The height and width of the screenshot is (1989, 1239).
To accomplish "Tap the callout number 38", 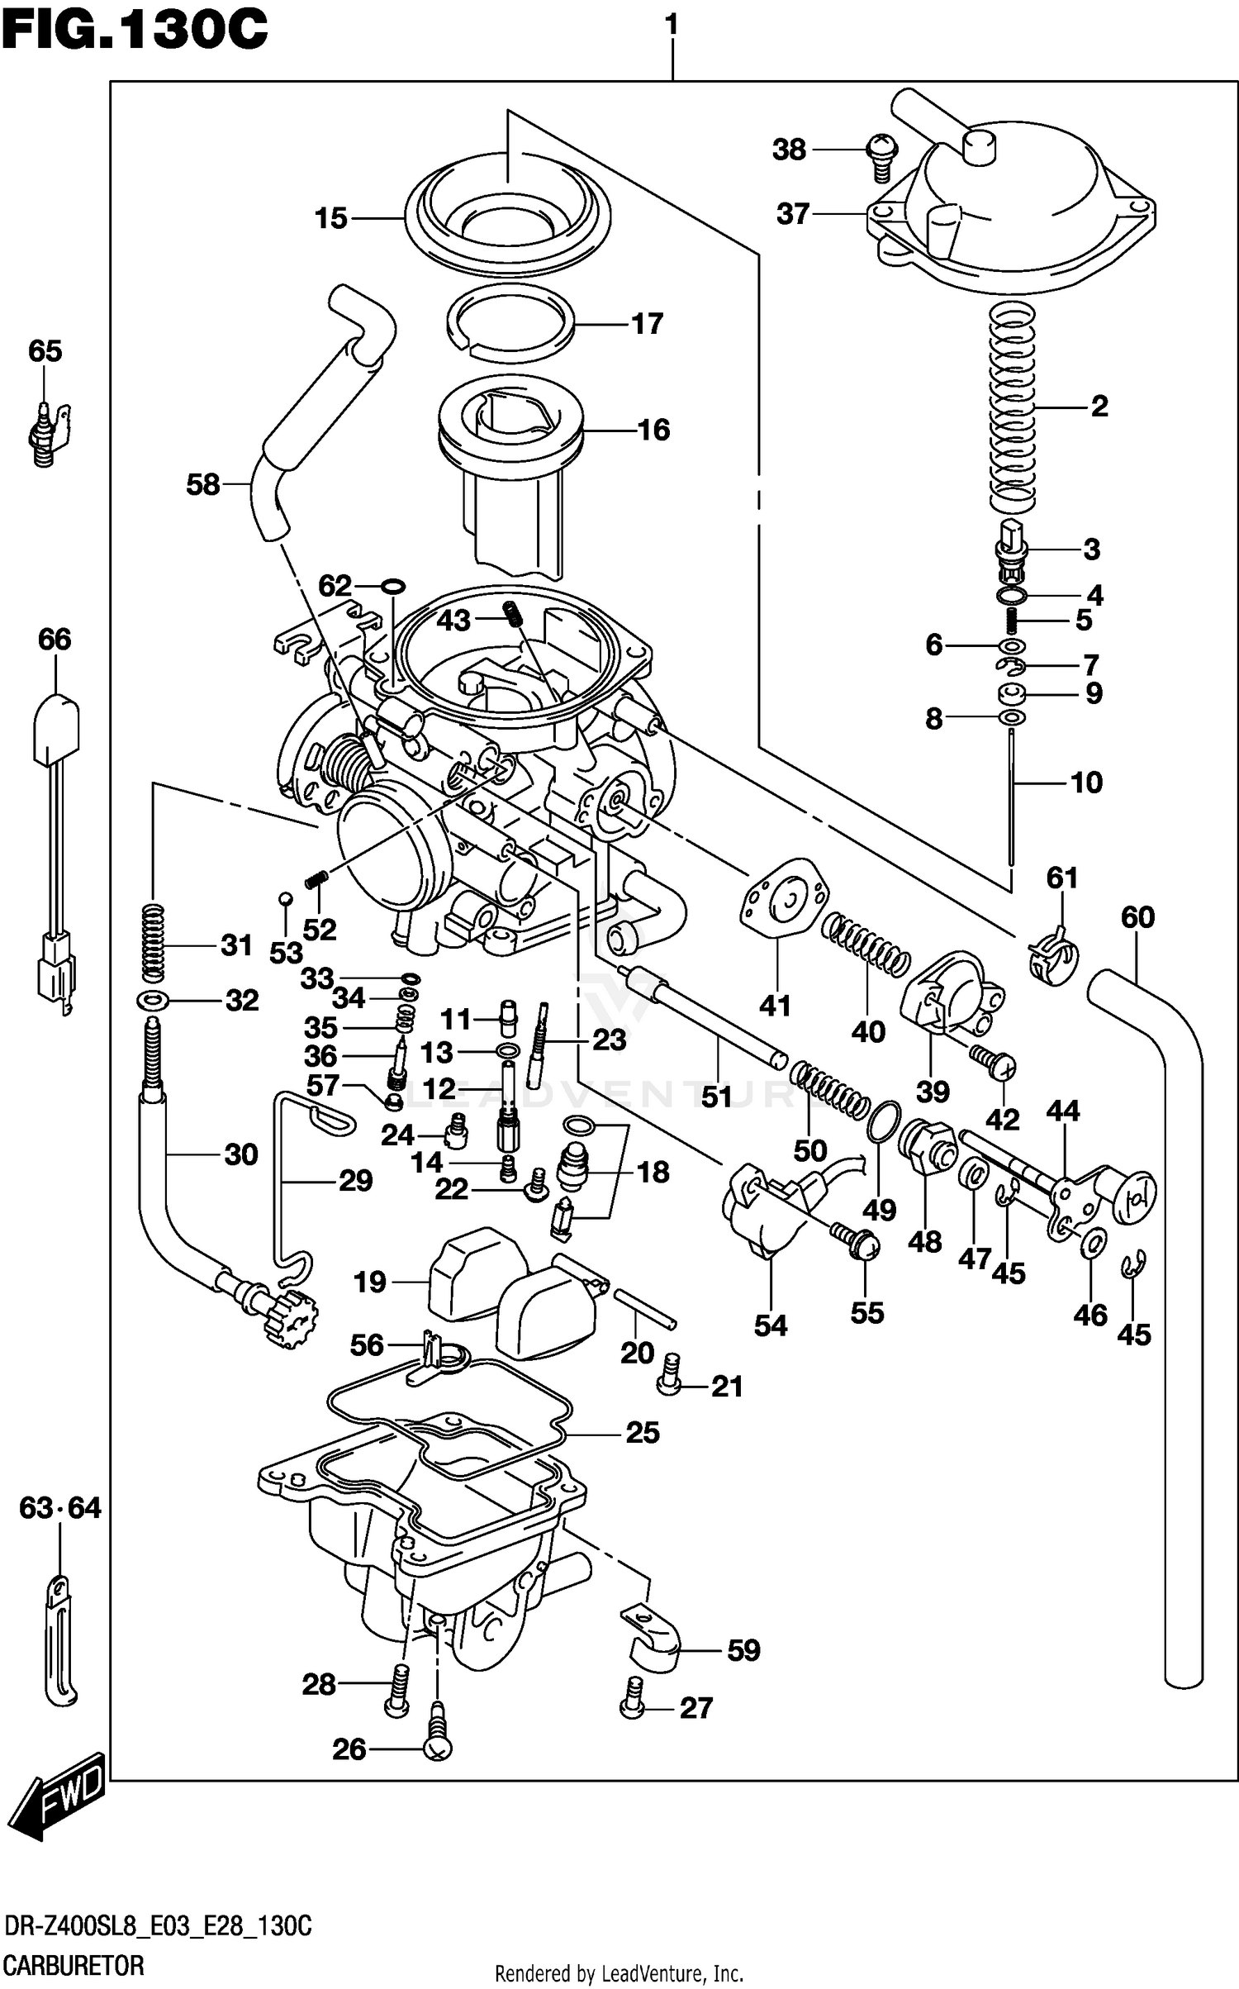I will pyautogui.click(x=788, y=150).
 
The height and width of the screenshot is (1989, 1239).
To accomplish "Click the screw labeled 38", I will pyautogui.click(x=881, y=156).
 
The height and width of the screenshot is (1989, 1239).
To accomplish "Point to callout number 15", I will pyautogui.click(x=330, y=219).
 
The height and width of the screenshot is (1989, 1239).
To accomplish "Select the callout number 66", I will pyautogui.click(x=55, y=639).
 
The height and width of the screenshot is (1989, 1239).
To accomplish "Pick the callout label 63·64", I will pyautogui.click(x=60, y=1508).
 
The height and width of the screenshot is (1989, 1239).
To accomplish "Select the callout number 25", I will pyautogui.click(x=642, y=1431).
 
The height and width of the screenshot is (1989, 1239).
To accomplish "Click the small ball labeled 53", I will pyautogui.click(x=284, y=898).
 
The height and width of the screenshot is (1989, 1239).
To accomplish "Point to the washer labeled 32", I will pyautogui.click(x=153, y=1001).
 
